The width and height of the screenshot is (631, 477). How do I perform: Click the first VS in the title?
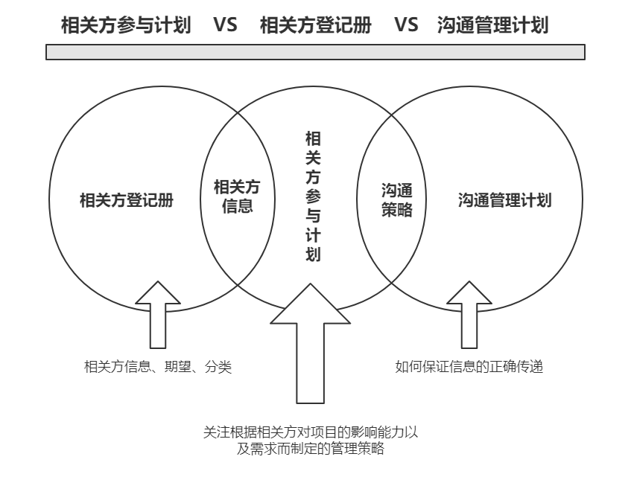[225, 25]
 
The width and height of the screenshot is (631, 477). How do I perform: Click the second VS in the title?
[406, 25]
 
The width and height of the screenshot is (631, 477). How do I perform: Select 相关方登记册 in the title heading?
[315, 25]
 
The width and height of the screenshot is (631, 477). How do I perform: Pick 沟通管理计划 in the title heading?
[493, 25]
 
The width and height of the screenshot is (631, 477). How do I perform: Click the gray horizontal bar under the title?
[315, 52]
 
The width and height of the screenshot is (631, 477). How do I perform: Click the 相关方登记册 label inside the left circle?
[127, 200]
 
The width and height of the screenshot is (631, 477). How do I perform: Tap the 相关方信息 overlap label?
[238, 196]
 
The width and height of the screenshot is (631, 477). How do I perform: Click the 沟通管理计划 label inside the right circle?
[504, 200]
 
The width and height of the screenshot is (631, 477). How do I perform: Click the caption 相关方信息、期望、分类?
[158, 367]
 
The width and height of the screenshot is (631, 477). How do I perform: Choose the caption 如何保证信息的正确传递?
[469, 367]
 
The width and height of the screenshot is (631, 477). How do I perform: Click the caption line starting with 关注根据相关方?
[311, 432]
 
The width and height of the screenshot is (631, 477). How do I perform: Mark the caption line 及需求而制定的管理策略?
[311, 449]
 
